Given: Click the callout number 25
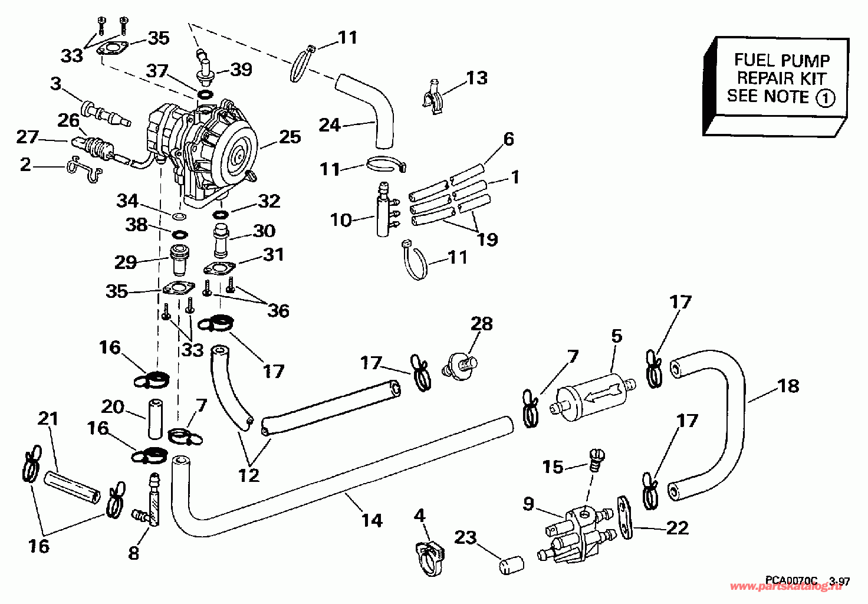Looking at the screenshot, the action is pos(290,137).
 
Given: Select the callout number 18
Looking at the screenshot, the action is pos(788,386).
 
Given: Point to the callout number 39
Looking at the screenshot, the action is pos(241,70).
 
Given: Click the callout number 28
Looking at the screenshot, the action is pos(482,324).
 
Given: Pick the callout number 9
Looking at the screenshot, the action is pos(528,504).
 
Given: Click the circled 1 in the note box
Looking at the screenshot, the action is pos(825,98).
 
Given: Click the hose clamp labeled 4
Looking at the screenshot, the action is pos(429,558).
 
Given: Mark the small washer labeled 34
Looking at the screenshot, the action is pos(179,215).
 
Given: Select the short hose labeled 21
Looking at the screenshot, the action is pos(72,487).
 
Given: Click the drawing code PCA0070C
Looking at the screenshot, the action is pos(791,581).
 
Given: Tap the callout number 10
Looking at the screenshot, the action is pos(341,220).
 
